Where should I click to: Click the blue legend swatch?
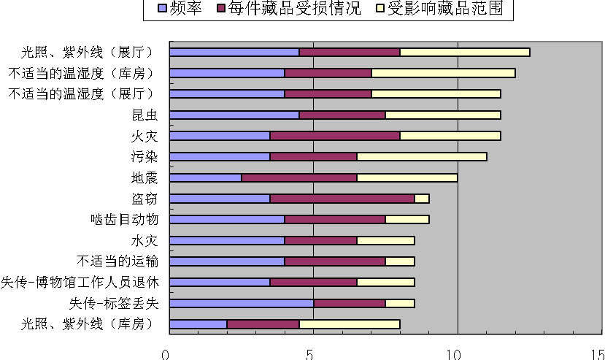point(162,8)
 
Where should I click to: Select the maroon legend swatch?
point(221,8)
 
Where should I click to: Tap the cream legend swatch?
point(380,8)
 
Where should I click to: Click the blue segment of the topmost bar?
point(234,53)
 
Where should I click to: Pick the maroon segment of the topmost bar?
point(350,53)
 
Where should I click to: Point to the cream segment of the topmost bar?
point(465,53)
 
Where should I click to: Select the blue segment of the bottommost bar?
point(198,324)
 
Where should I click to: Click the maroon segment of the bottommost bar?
point(263,324)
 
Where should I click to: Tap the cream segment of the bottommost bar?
point(350,324)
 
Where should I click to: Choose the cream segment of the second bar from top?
point(443,73)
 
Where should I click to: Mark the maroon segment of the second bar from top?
point(328,73)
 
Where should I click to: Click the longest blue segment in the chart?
point(242,303)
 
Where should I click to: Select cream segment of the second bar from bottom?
point(400,303)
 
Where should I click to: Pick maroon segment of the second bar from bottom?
point(350,303)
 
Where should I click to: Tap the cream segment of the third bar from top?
point(436,94)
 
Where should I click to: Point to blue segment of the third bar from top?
point(227,94)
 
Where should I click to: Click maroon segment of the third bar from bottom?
point(313,283)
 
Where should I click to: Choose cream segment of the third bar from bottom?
point(385,283)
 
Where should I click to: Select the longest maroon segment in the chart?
point(342,199)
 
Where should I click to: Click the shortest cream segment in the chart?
point(422,199)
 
